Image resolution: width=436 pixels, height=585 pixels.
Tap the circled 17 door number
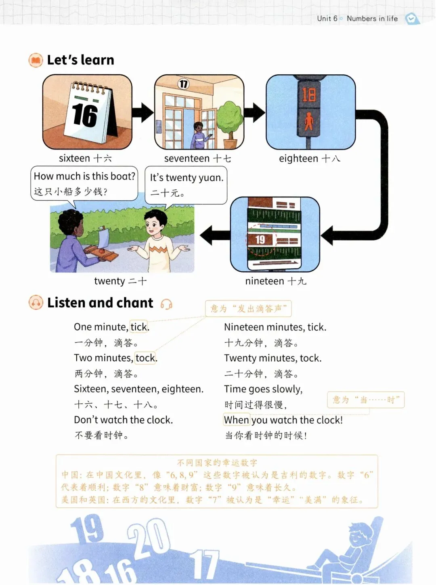coord(183,84)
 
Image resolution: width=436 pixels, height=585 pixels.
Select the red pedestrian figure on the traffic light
coord(309,121)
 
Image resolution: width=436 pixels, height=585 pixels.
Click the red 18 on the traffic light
coord(309,95)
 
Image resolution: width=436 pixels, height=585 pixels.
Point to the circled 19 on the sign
coord(260,239)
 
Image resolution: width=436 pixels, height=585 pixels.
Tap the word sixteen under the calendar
coord(74,158)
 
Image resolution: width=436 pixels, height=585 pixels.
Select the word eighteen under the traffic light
coord(298,159)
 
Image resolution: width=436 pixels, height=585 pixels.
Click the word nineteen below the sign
coord(264,281)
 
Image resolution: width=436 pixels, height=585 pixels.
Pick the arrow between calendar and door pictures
coord(143,112)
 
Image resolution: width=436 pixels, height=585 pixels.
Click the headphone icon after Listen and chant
coord(166,304)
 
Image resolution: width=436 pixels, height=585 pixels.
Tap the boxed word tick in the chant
coord(138,327)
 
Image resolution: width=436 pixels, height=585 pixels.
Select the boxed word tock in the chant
coord(145,358)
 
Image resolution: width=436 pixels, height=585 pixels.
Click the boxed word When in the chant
coord(237,420)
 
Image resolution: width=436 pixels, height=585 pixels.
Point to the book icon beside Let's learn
coord(36,61)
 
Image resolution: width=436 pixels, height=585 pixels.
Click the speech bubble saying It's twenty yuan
coord(186,185)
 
